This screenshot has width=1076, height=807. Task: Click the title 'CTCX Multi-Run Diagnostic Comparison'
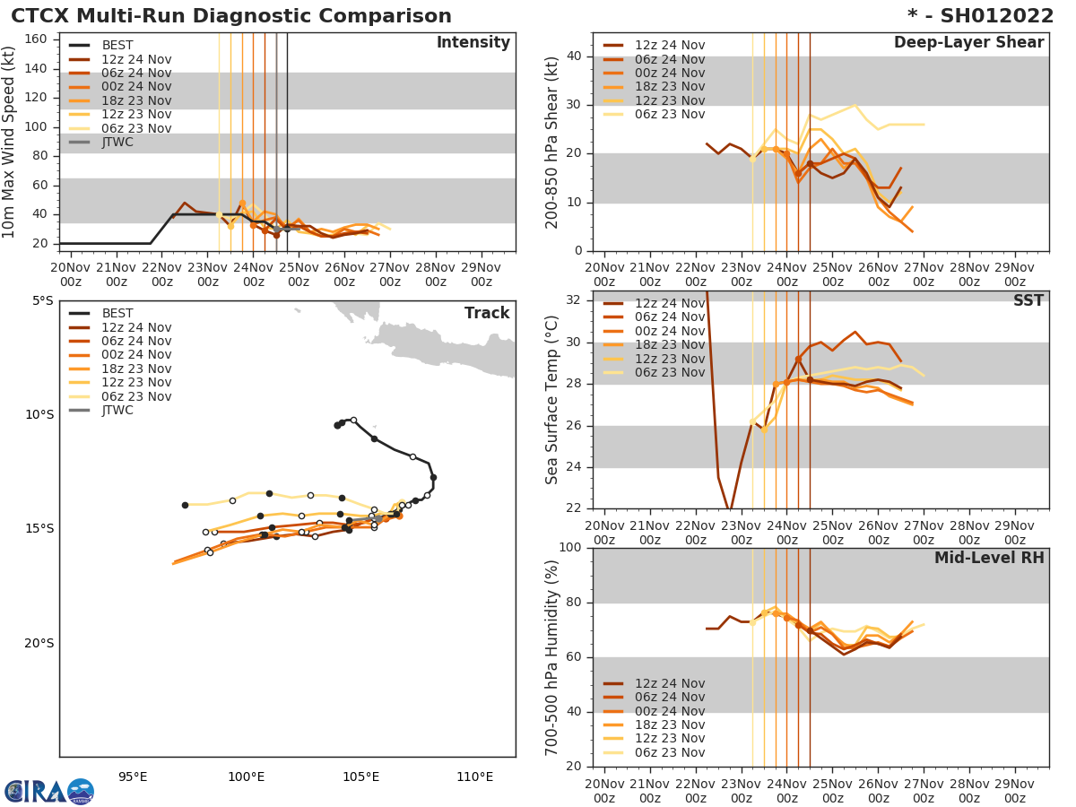tap(231, 16)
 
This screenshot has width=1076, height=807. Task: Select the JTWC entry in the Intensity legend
tap(117, 142)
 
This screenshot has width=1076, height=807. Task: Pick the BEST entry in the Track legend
tap(117, 314)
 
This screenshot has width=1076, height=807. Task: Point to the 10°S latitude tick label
tap(36, 414)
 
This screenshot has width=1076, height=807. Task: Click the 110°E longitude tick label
tap(474, 777)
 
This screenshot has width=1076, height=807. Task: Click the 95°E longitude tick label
tap(133, 777)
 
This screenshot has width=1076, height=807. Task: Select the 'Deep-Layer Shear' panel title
tap(968, 43)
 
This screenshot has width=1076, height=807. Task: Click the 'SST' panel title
tap(1028, 301)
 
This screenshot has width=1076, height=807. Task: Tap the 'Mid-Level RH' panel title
tap(988, 558)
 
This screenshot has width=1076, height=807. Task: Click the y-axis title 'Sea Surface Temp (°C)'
tap(551, 399)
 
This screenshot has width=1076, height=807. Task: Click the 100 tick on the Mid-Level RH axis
tap(570, 548)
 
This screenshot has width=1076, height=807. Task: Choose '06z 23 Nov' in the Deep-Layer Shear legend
tap(669, 114)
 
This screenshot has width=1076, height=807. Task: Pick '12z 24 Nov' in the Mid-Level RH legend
tap(669, 683)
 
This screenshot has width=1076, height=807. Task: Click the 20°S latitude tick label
tap(36, 643)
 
